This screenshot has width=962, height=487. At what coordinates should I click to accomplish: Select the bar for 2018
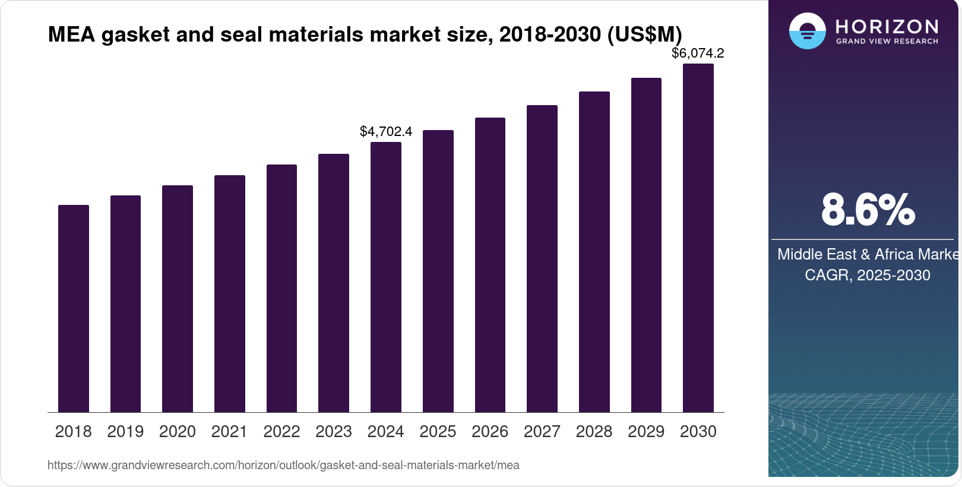(x=74, y=309)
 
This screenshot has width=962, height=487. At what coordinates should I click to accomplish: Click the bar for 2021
(x=230, y=294)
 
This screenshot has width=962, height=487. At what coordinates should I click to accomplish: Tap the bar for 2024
(x=386, y=277)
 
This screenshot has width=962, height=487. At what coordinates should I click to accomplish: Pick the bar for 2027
(x=542, y=259)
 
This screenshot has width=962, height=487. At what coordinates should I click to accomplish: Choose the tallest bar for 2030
(x=698, y=238)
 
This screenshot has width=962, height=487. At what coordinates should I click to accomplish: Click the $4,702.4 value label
(x=386, y=132)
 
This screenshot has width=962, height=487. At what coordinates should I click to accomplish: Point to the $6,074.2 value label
(x=698, y=53)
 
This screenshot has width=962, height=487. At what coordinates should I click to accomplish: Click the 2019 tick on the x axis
(x=125, y=432)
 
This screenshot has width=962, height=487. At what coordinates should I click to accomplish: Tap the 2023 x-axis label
(x=334, y=432)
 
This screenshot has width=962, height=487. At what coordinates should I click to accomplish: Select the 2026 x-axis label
(x=490, y=432)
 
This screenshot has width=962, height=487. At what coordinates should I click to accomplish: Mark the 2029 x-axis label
(x=646, y=432)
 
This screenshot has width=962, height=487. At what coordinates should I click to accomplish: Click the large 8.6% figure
(x=868, y=210)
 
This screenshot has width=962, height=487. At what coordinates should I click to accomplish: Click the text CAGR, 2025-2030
(x=867, y=275)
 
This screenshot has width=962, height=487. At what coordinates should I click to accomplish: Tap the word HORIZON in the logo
(x=887, y=27)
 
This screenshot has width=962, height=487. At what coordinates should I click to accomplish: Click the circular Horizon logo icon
(x=808, y=31)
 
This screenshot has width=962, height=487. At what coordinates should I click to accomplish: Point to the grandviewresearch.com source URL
(x=283, y=466)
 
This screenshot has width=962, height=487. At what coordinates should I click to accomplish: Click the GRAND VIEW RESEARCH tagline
(x=887, y=42)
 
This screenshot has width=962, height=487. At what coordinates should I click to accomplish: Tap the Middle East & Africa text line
(x=868, y=254)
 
